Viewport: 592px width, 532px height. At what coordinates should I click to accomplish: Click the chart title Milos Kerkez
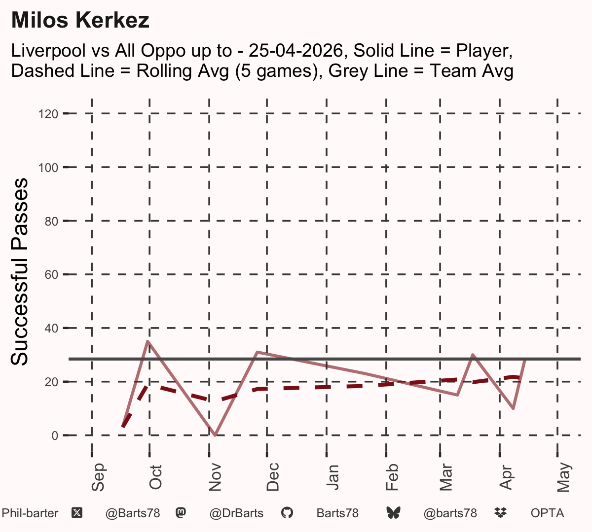(x=80, y=20)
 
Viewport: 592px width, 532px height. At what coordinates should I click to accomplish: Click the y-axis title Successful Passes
(x=19, y=271)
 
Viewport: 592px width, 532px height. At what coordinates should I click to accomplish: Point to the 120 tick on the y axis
(x=48, y=114)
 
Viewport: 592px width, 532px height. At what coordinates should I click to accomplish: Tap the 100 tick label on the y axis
(x=48, y=167)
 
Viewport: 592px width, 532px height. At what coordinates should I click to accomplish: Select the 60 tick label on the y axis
(x=51, y=275)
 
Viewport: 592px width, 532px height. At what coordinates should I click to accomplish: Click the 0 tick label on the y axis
(x=55, y=435)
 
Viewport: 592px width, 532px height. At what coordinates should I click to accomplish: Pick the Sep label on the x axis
(x=98, y=477)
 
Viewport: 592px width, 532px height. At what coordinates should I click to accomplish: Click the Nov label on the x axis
(x=215, y=477)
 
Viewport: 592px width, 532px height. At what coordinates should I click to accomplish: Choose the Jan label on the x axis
(x=333, y=477)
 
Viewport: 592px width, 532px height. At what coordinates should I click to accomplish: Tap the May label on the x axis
(x=563, y=477)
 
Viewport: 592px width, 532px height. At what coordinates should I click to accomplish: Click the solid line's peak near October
(x=148, y=341)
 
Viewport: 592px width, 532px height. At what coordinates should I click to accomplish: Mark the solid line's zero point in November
(x=215, y=435)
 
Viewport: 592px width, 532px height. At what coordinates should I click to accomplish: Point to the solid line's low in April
(x=514, y=408)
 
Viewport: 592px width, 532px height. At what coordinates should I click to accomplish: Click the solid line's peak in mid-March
(x=473, y=355)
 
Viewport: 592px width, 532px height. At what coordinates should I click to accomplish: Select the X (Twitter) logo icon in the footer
(x=77, y=513)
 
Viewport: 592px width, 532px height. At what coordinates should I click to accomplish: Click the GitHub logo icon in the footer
(x=287, y=513)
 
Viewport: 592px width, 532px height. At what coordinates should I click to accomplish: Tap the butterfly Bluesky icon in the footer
(x=393, y=513)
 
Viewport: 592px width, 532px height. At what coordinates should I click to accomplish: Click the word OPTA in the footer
(x=547, y=513)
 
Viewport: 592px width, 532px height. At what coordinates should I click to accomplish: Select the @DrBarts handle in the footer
(x=236, y=513)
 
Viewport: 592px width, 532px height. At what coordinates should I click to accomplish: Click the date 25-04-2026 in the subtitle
(x=296, y=50)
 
